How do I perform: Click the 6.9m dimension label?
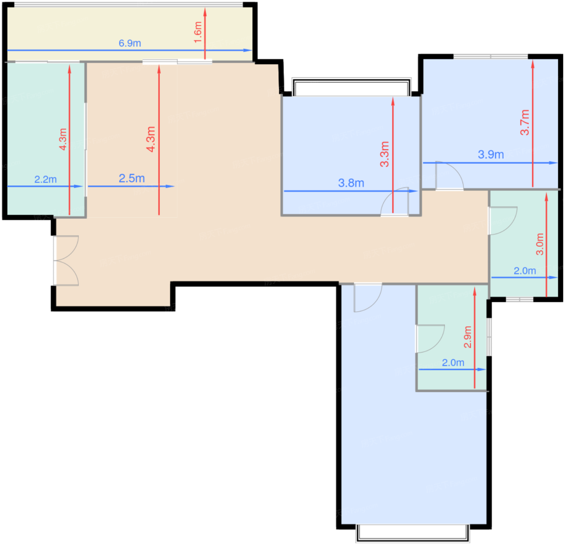130,43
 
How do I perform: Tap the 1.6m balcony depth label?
198,32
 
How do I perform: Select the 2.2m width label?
46,179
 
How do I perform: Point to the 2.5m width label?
132,178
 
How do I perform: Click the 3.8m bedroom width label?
351,183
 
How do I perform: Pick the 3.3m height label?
385,154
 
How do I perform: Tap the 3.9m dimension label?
491,155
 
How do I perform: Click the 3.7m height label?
525,123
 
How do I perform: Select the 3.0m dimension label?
540,244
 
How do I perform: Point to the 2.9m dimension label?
468,337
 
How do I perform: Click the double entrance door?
66,260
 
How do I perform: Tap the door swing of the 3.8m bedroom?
395,201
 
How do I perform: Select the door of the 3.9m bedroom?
450,176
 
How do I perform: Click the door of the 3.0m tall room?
503,221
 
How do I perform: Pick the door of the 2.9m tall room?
430,339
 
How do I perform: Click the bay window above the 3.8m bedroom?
352,87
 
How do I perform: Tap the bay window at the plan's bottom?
413,533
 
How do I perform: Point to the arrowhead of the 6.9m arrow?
248,50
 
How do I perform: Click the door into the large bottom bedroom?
368,298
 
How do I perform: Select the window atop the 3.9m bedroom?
491,57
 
